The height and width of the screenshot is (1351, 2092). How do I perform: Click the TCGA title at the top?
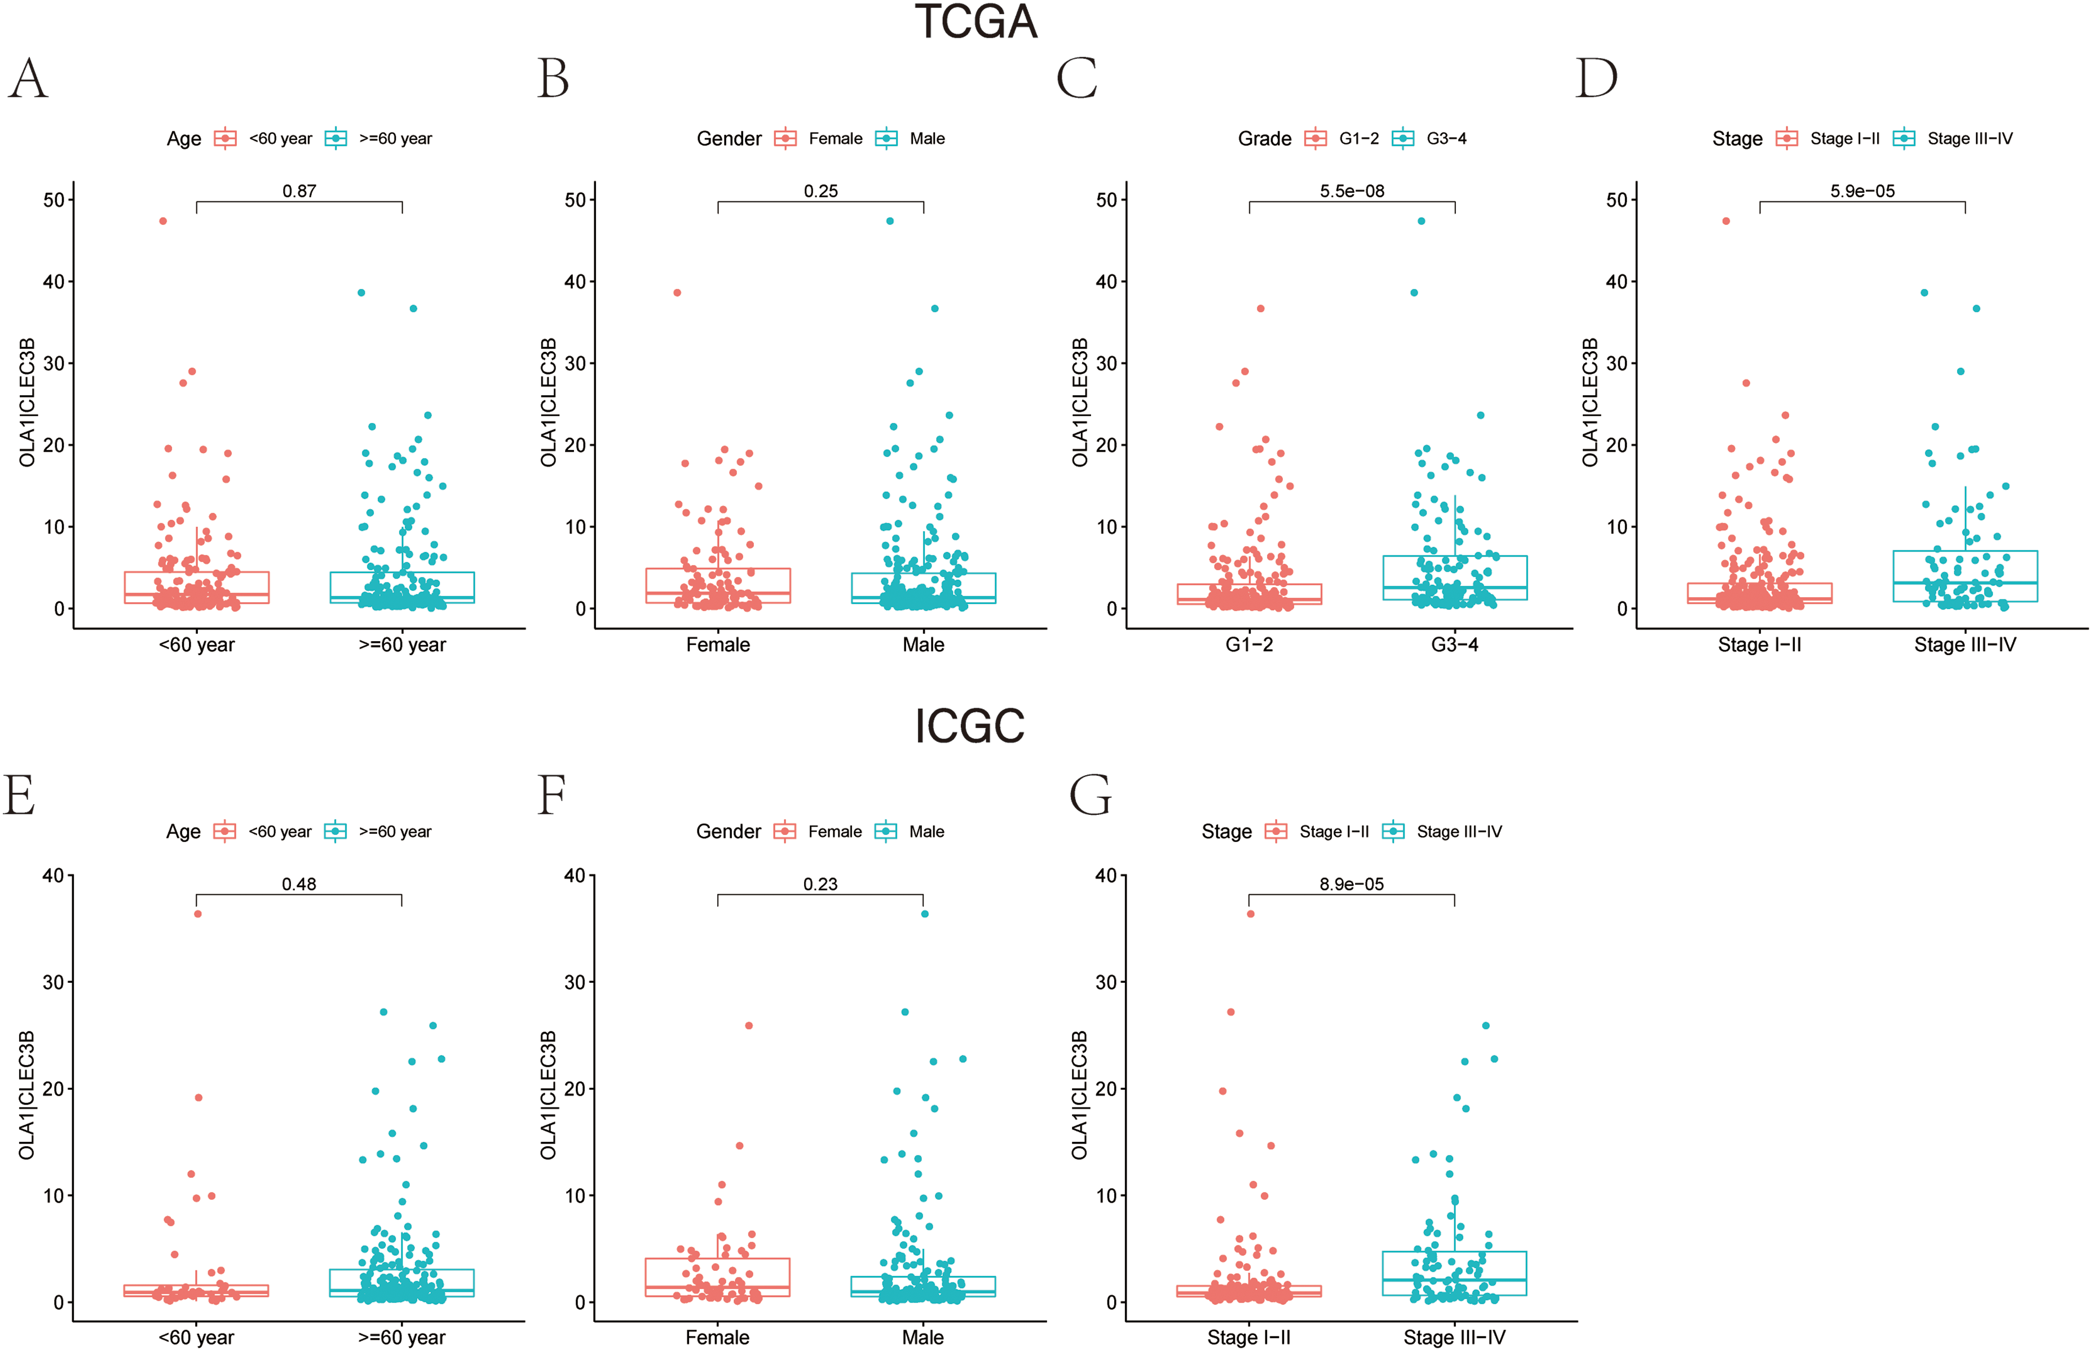pyautogui.click(x=976, y=22)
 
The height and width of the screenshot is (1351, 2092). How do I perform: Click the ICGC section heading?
pyautogui.click(x=969, y=726)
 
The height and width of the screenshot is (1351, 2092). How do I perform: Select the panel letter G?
pyautogui.click(x=1091, y=795)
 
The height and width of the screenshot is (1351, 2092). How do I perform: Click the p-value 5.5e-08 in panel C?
pyautogui.click(x=1352, y=191)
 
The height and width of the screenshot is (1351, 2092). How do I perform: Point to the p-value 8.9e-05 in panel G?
pyautogui.click(x=1351, y=884)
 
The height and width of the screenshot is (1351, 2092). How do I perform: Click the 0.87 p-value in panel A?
pyautogui.click(x=299, y=191)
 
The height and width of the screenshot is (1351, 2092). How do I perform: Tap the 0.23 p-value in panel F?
pyautogui.click(x=820, y=884)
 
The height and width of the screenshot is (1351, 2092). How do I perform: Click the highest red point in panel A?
pyautogui.click(x=163, y=221)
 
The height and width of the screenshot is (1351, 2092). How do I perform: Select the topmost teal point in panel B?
pyautogui.click(x=890, y=221)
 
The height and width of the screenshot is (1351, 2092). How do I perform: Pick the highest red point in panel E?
pyautogui.click(x=198, y=914)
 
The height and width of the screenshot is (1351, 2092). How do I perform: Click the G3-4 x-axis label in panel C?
pyautogui.click(x=1454, y=645)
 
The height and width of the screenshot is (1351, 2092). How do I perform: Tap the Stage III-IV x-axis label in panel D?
pyautogui.click(x=1965, y=645)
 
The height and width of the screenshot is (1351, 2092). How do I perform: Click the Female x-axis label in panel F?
pyautogui.click(x=717, y=1338)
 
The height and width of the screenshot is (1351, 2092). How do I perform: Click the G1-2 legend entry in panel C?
pyautogui.click(x=1342, y=139)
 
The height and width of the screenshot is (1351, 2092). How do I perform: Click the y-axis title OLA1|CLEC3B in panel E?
pyautogui.click(x=27, y=1095)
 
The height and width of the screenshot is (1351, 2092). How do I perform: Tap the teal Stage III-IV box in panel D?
pyautogui.click(x=1965, y=576)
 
